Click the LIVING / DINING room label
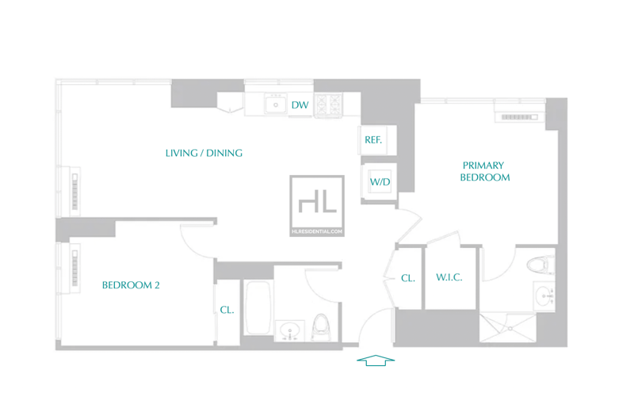tap(204, 153)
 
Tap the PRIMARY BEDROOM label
tap(484, 171)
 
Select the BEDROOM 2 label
tap(131, 285)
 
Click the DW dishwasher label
tap(300, 105)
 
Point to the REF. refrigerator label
tap(373, 140)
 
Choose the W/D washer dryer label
tap(380, 182)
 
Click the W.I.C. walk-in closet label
tap(449, 277)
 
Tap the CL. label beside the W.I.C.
tap(408, 278)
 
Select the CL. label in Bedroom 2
tap(227, 310)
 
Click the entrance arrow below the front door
tap(376, 360)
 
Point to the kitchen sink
tap(276, 105)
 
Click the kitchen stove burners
tap(328, 105)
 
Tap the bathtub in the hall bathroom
tap(258, 307)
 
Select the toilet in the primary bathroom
tap(541, 265)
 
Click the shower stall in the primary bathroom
tap(508, 327)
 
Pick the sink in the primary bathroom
tap(544, 296)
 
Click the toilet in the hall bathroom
tap(322, 327)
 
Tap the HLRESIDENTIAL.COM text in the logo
tap(317, 231)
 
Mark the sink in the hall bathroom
tap(289, 330)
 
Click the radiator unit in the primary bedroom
tap(520, 116)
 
